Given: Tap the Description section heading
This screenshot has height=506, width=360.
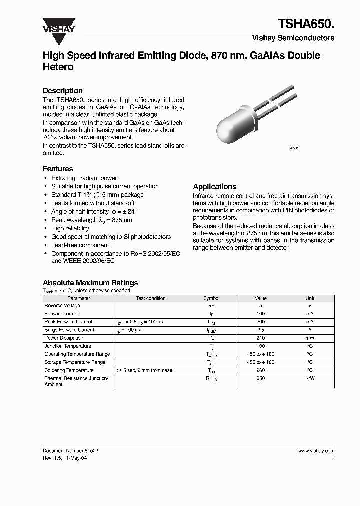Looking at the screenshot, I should (x=62, y=91).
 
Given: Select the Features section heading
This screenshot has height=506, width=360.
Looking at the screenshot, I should (x=58, y=169).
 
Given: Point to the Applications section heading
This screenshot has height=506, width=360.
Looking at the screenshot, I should (x=214, y=186).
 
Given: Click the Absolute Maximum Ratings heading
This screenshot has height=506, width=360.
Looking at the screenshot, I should (x=90, y=283).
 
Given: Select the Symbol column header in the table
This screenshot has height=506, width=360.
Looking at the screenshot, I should (x=211, y=298).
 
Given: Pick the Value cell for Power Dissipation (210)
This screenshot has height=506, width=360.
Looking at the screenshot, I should (x=260, y=338).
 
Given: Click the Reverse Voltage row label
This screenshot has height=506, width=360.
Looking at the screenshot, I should (x=62, y=306).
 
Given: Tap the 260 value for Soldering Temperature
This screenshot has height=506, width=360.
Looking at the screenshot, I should (x=260, y=370).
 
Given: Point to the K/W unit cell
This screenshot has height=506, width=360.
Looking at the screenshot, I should (x=310, y=379).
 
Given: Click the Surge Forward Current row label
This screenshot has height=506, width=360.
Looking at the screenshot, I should (x=69, y=330).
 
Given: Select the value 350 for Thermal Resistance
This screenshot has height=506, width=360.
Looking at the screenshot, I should (x=260, y=379).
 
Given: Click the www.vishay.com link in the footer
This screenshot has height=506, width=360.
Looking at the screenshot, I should (x=316, y=450).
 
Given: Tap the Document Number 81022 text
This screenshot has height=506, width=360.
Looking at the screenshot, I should (x=70, y=450).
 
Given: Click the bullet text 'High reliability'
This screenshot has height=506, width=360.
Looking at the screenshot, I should (x=70, y=228).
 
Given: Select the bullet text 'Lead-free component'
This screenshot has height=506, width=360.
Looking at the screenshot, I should (x=80, y=245).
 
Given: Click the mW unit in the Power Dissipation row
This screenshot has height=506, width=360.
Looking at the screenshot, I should (x=310, y=338).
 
